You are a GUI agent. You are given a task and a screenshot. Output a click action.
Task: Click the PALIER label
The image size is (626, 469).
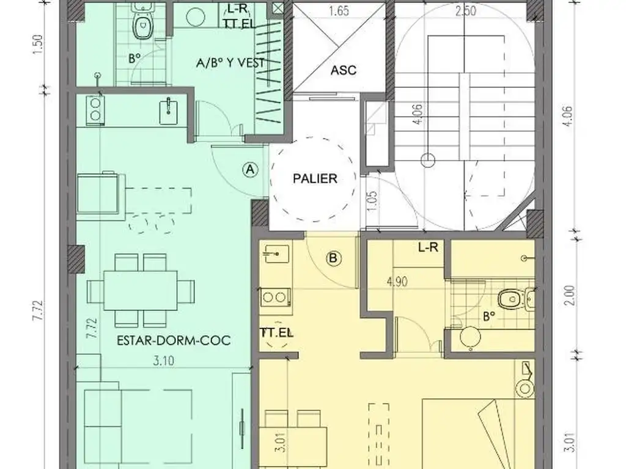[315, 178]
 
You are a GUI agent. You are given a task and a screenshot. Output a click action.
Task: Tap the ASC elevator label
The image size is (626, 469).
[344, 70]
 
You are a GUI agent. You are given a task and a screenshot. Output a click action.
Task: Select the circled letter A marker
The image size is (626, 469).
[250, 170]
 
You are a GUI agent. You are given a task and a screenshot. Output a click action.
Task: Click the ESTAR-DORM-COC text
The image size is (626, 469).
[174, 340]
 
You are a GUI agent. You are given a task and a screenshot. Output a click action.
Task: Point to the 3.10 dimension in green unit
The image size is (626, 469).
[164, 361]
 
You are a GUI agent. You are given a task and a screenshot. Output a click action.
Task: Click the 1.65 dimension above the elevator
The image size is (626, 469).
[339, 11]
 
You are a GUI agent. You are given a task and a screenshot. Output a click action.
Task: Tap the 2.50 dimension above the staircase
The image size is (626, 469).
[465, 11]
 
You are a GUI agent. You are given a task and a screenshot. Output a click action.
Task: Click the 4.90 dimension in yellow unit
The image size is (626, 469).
[397, 282]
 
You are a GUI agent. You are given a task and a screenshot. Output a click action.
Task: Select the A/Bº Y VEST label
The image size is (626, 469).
[230, 63]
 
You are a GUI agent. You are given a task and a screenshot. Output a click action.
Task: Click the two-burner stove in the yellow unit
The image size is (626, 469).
[276, 297]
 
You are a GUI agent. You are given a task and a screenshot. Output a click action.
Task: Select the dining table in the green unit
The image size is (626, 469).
[141, 290]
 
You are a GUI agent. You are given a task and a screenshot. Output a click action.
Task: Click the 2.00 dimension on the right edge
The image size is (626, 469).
[571, 295]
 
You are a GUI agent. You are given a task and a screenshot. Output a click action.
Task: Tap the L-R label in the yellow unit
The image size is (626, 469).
[428, 248]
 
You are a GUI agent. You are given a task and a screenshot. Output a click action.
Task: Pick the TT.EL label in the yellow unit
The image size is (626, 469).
[276, 333]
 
